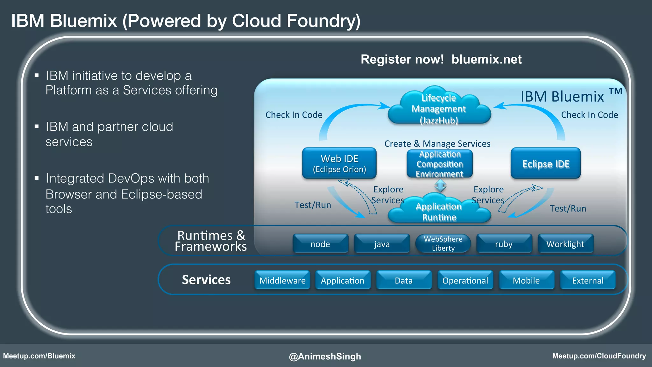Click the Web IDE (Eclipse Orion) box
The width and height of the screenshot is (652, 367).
339,163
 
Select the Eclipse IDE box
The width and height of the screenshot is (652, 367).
546,163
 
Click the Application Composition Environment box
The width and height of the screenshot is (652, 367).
440,164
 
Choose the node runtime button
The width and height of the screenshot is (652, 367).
320,244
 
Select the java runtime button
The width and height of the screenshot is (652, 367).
382,244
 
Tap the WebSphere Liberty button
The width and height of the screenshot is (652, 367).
443,244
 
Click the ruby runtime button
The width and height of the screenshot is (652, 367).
504,244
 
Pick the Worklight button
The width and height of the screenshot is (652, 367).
565,244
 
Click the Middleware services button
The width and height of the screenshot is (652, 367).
282,280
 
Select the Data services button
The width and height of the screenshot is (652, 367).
404,280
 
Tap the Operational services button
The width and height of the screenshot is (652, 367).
465,280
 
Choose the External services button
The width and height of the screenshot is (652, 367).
588,280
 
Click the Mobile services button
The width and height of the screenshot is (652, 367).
526,280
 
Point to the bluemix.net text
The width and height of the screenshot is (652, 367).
486,59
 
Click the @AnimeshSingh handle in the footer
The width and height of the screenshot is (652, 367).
325,356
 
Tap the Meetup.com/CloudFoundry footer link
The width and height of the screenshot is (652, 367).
599,356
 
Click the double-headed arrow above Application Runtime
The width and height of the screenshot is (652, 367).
440,185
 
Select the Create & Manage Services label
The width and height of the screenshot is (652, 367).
437,144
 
